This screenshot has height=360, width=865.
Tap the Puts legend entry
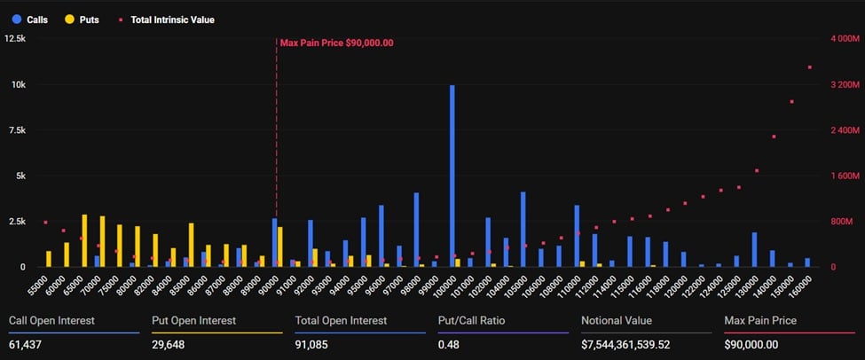tap(87, 19)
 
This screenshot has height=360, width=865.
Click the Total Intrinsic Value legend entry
tap(172, 19)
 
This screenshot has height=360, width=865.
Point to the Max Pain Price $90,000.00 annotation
tap(336, 42)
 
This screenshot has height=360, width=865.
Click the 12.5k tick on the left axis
tap(15, 39)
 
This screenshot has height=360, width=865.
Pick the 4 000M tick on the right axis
tap(844, 39)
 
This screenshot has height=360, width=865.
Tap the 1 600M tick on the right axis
tap(844, 176)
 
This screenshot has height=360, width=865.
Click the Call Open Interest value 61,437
tap(25, 344)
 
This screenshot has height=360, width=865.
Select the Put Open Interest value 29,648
tap(169, 344)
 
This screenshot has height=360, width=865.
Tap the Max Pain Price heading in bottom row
tap(760, 320)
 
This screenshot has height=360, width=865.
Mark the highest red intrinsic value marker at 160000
tap(809, 67)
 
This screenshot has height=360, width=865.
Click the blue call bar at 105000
tap(523, 229)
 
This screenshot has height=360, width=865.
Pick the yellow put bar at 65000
tap(84, 240)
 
